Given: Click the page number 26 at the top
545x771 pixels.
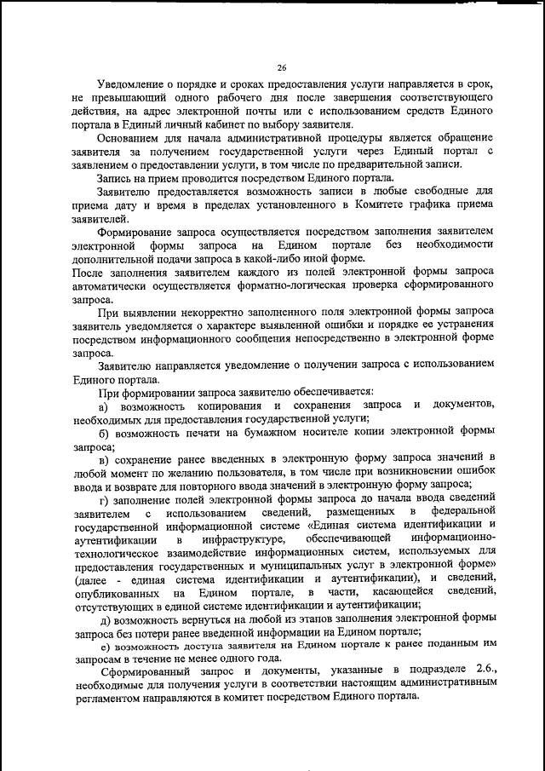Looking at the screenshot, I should (282, 69).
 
